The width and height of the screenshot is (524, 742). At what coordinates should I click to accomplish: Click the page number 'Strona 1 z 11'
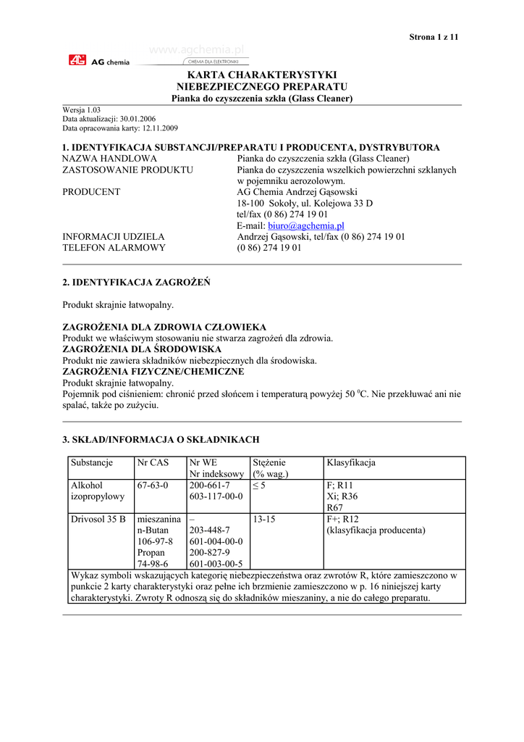click(x=434, y=36)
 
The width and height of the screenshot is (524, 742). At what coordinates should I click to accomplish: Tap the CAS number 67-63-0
click(x=153, y=485)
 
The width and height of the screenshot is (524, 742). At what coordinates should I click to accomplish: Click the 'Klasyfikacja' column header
click(x=351, y=462)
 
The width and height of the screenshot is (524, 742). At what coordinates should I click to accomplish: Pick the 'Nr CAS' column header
click(x=153, y=462)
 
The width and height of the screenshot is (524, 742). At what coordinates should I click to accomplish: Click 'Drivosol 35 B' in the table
click(x=98, y=520)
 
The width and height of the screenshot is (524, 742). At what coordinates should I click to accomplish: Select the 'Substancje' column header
click(x=92, y=462)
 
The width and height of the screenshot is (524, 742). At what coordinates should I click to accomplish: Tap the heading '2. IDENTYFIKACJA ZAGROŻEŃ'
click(x=137, y=283)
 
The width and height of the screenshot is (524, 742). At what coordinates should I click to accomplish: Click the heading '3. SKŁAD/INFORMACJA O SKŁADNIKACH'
click(x=161, y=440)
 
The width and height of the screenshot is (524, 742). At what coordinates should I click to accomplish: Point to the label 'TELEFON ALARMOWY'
click(x=114, y=248)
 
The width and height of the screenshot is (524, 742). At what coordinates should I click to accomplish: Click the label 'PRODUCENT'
click(x=91, y=192)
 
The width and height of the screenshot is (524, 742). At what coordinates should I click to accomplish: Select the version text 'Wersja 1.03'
click(x=82, y=110)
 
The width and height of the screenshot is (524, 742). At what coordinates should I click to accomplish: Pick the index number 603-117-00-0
click(x=216, y=496)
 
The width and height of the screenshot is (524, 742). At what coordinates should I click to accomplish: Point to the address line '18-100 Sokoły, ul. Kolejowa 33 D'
click(x=305, y=204)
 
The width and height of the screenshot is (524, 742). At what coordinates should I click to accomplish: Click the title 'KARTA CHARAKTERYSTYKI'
click(x=262, y=75)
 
